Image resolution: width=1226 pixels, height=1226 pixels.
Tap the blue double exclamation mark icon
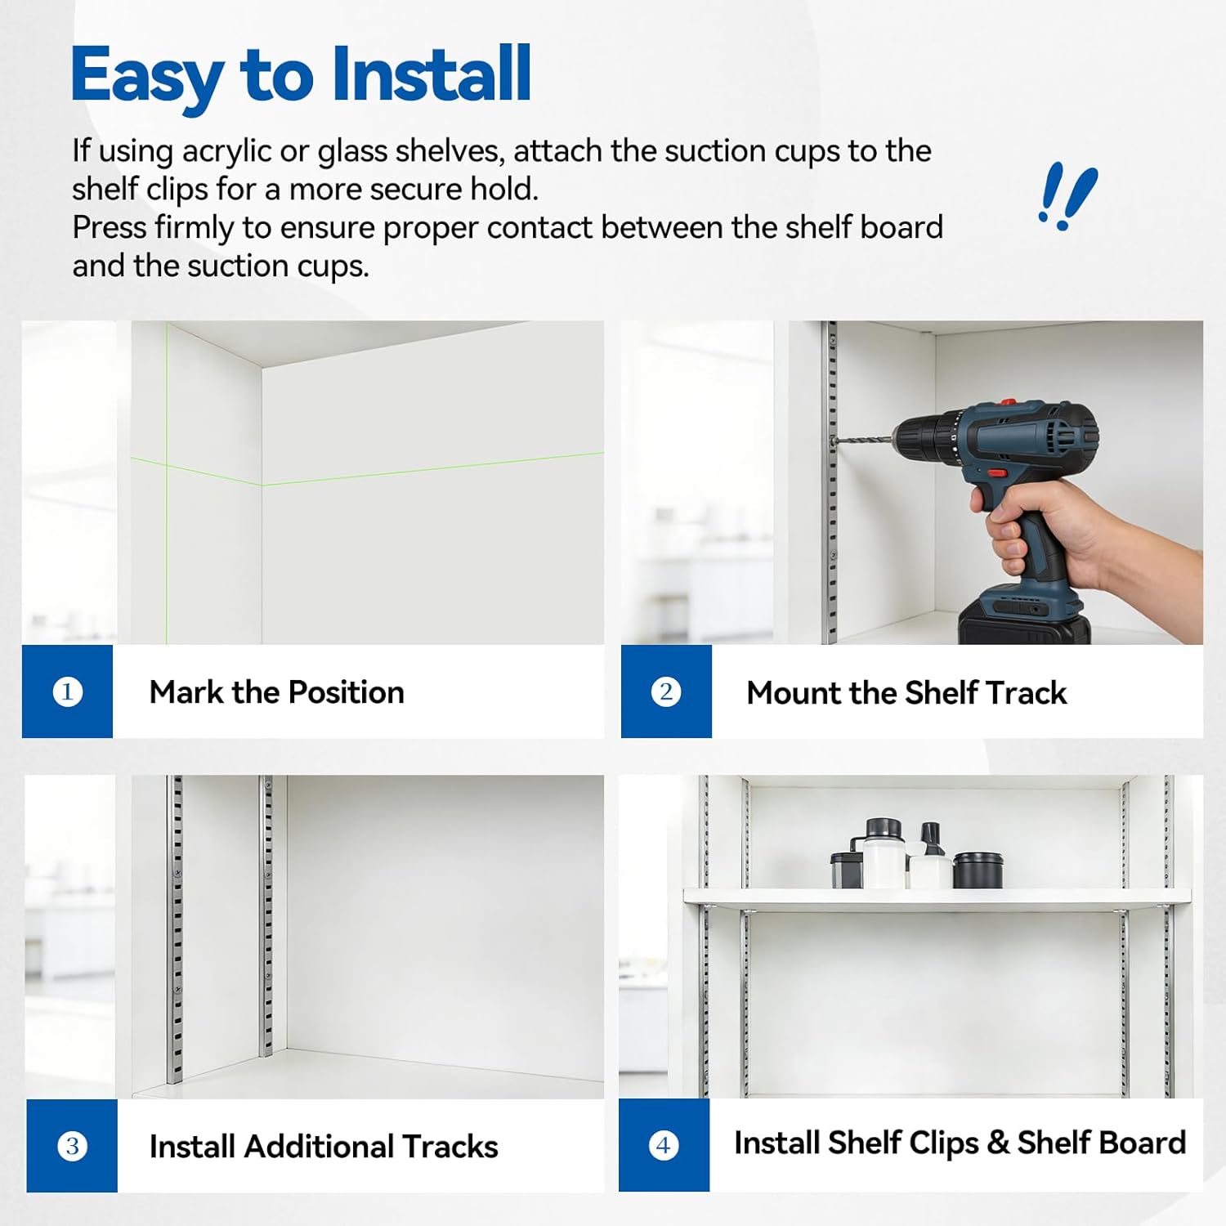tap(1067, 196)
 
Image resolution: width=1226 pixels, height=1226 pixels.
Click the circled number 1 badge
tap(67, 692)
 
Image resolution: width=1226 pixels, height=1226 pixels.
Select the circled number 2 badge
tap(666, 692)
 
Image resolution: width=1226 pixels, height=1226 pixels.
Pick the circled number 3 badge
tap(72, 1146)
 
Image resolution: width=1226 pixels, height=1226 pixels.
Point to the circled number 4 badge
tap(664, 1145)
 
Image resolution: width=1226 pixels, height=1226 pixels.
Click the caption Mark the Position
tap(276, 692)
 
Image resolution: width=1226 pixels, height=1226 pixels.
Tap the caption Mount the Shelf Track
tap(906, 693)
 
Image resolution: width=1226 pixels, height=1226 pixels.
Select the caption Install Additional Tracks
tap(323, 1147)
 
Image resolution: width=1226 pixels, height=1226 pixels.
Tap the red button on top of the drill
tap(1008, 402)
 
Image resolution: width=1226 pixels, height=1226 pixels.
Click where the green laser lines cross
tap(167, 464)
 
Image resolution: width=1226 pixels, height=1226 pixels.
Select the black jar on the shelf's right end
tap(978, 870)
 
